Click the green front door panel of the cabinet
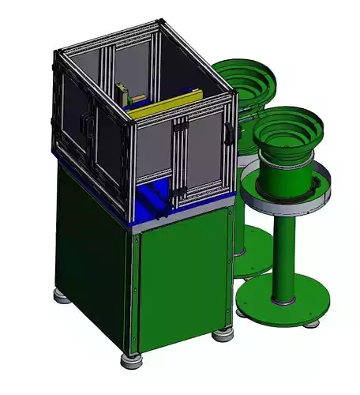[x=178, y=284]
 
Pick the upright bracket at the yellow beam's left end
[x=122, y=94]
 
